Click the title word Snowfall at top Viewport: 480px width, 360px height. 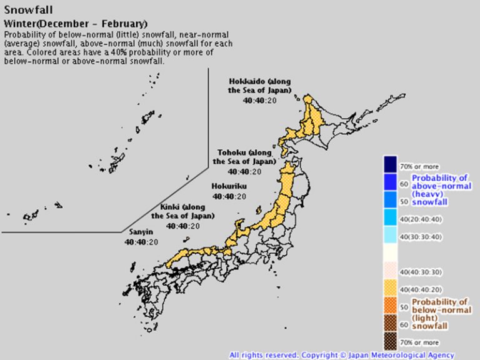(x=29, y=9)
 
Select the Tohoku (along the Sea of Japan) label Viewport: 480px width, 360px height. (x=245, y=157)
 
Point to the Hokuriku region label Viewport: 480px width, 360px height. (x=229, y=186)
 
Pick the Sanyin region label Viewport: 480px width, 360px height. (x=140, y=232)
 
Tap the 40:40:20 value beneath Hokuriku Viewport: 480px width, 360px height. (x=229, y=196)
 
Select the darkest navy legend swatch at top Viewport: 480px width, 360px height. (x=391, y=164)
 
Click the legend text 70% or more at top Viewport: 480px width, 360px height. (x=419, y=167)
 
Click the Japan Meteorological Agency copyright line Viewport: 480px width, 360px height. (x=342, y=355)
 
